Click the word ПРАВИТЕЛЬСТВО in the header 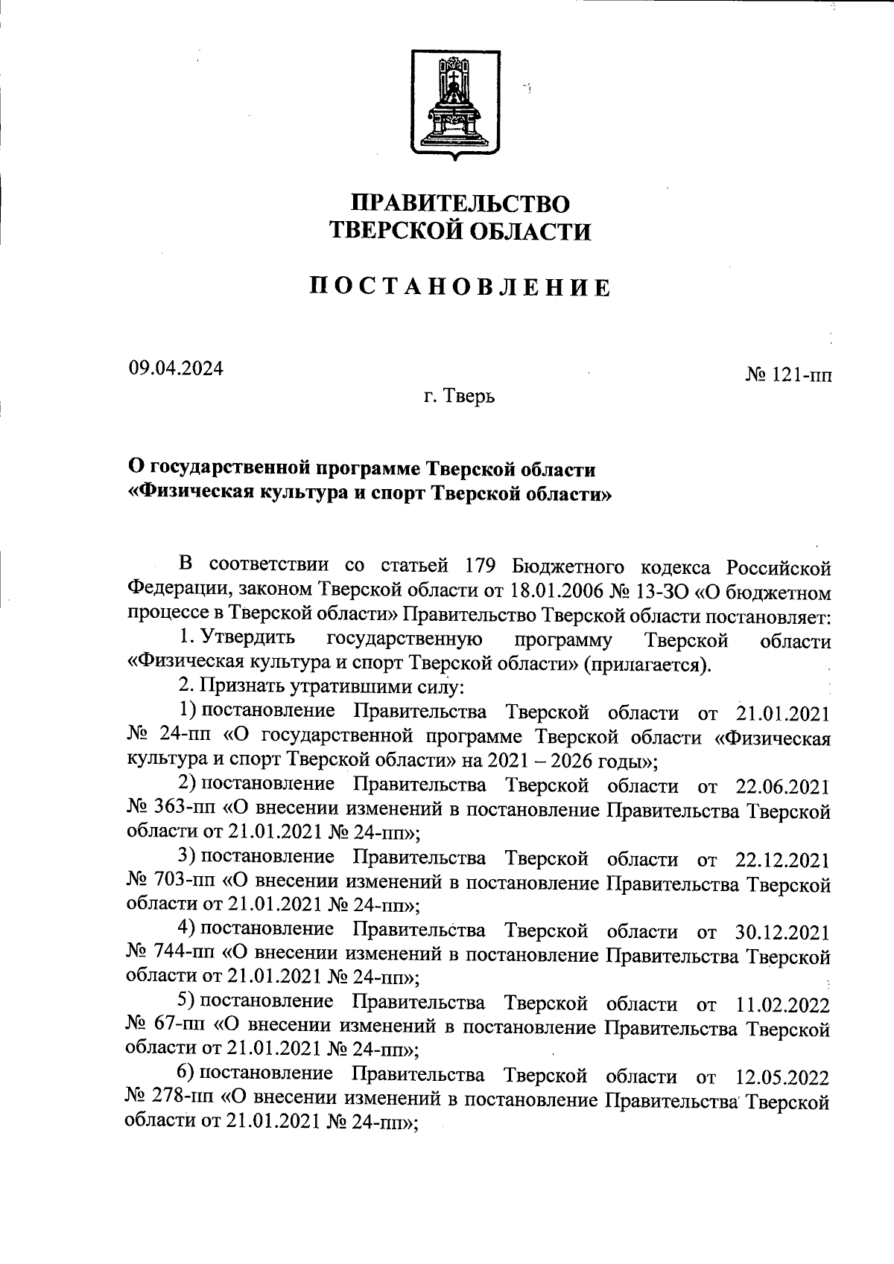[x=460, y=202]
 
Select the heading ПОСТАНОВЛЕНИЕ [x=460, y=287]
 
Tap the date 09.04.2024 [x=175, y=368]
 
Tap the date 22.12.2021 [x=782, y=860]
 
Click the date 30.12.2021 [x=782, y=932]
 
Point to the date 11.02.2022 [x=782, y=1005]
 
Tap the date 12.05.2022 [x=782, y=1077]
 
